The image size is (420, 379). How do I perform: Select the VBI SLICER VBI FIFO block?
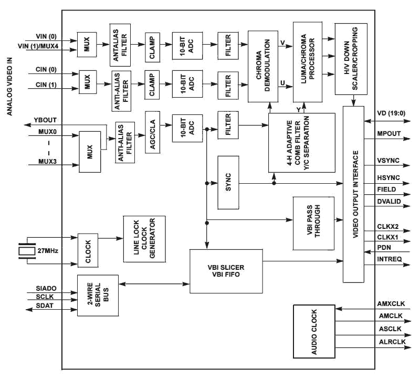(226, 271)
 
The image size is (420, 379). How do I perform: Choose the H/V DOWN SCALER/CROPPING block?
(351, 58)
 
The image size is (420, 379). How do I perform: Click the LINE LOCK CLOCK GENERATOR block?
(144, 239)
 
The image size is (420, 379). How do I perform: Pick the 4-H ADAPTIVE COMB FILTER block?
(301, 142)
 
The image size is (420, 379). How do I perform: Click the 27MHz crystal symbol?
(25, 251)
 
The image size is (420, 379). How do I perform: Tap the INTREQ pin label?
(390, 259)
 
